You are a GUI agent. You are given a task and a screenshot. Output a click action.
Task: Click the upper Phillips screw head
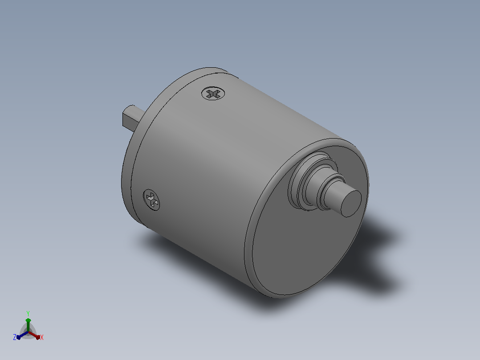[213, 93]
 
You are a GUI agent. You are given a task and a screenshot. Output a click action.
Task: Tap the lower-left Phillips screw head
[151, 200]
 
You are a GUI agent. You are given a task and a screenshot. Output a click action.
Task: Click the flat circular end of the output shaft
[351, 204]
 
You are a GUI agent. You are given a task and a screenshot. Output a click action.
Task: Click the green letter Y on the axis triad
[28, 314]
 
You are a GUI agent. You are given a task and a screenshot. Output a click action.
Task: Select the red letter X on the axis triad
[42, 337]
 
